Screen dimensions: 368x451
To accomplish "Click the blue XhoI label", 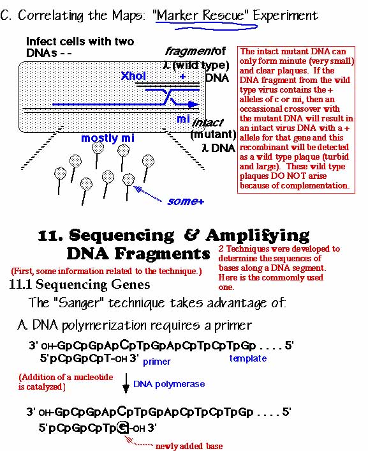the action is pos(133,76).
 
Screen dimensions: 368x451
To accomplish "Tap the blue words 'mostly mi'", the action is pos(108,138).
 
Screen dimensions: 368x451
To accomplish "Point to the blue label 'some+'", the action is pos(186,201).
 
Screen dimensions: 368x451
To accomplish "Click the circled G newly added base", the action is pos(122,428).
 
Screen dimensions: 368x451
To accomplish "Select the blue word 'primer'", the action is pos(156,362).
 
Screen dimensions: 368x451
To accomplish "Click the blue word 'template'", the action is pos(248,358).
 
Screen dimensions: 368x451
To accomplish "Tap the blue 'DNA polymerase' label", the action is pos(169,384).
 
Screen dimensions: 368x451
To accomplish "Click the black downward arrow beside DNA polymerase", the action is pos(126,383).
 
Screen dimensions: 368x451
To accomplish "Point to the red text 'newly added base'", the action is pos(189,446).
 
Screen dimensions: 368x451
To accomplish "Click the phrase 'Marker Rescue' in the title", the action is pos(201,15).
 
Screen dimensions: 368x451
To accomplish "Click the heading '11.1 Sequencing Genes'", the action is pos(80,284).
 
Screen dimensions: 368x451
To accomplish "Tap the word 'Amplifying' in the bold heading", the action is pos(258,236).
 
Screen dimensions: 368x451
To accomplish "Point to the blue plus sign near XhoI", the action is pos(182,77).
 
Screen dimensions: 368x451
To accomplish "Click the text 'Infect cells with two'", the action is pos(80,42).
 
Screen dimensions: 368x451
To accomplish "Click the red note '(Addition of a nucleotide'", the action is pos(66,377).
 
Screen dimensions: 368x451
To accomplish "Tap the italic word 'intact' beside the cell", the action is pos(207,123).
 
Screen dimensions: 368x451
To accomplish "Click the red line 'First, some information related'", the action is pos(107,271).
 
